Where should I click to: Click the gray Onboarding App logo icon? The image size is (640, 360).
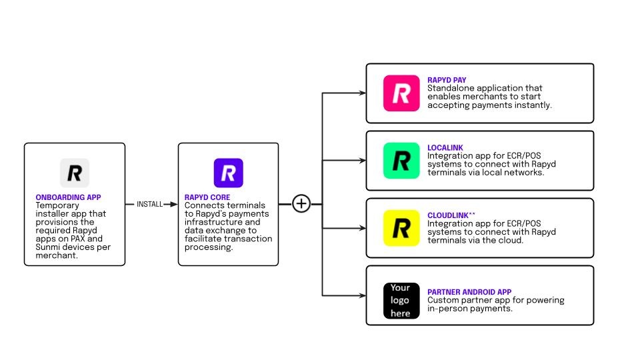[74, 173]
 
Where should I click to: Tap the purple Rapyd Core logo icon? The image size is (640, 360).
[228, 173]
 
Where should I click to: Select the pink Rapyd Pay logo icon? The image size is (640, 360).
[401, 93]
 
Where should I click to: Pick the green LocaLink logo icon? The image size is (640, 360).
[401, 161]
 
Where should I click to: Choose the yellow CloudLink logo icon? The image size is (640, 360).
[401, 228]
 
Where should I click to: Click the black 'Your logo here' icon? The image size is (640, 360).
[401, 301]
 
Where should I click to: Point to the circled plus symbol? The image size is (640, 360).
[301, 204]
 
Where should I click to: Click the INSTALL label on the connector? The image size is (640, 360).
[149, 204]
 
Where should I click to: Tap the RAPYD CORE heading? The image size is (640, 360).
[207, 198]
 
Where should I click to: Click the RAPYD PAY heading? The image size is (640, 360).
[447, 80]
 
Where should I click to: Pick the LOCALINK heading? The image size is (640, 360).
[445, 147]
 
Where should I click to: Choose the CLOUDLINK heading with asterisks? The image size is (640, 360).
[451, 215]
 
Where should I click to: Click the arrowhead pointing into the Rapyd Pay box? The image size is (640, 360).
[362, 93]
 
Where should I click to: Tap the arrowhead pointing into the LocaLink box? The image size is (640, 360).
[362, 161]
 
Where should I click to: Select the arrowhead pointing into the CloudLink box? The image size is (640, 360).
[362, 228]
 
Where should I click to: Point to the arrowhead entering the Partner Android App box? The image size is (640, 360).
[362, 295]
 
